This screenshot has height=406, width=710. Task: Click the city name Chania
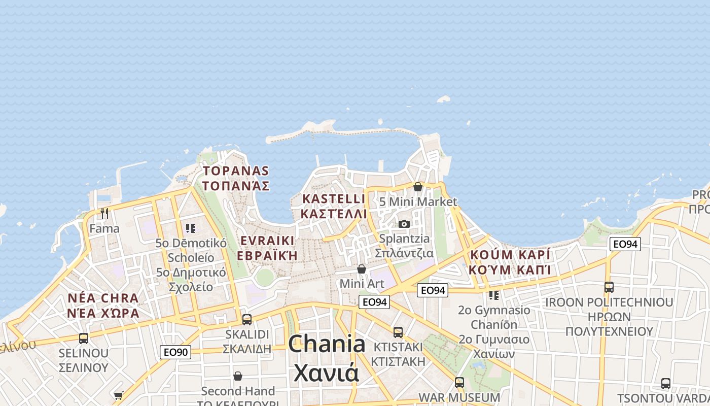(x=327, y=344)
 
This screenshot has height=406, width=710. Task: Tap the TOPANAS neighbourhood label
(x=236, y=171)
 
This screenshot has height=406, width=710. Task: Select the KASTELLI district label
(x=333, y=199)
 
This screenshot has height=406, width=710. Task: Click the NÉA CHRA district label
(x=102, y=298)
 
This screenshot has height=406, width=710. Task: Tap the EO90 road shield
(x=175, y=352)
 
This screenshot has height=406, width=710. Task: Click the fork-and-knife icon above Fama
(x=104, y=214)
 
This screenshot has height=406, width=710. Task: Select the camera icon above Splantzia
(x=404, y=224)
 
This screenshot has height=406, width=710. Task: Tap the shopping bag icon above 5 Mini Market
(x=418, y=187)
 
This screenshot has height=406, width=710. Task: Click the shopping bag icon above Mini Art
(x=362, y=268)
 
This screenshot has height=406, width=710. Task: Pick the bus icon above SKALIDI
(x=247, y=319)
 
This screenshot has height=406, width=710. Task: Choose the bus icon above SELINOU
(x=84, y=338)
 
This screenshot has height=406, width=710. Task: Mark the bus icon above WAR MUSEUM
(x=459, y=382)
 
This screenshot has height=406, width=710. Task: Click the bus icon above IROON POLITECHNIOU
(x=609, y=287)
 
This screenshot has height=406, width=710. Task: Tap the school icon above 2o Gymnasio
(x=493, y=295)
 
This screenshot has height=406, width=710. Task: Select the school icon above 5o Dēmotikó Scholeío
(x=191, y=228)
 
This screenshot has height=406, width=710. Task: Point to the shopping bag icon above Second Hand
(x=238, y=376)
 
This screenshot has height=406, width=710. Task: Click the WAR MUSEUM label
(x=459, y=397)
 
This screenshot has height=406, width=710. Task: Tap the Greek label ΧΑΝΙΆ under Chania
(x=327, y=374)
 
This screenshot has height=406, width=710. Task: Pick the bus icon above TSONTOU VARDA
(x=666, y=384)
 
